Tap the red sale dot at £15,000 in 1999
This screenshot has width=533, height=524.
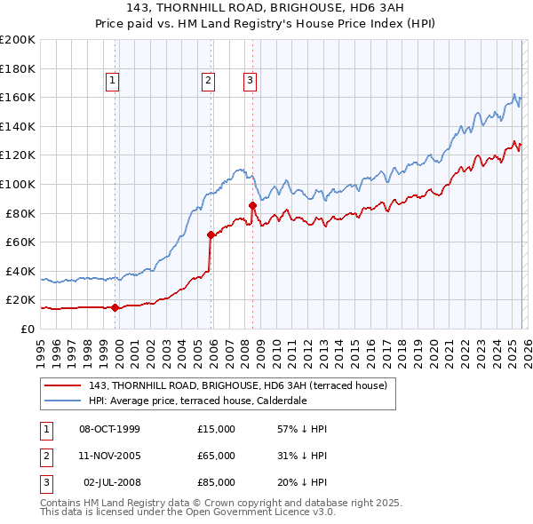pos(115,307)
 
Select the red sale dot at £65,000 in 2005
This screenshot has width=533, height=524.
pos(211,235)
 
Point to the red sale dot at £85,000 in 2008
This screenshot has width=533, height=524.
pos(252,206)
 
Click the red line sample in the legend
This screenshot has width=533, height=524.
pos(62,386)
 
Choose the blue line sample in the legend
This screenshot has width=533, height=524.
pos(62,401)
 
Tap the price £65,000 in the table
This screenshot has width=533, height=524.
pos(216,456)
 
